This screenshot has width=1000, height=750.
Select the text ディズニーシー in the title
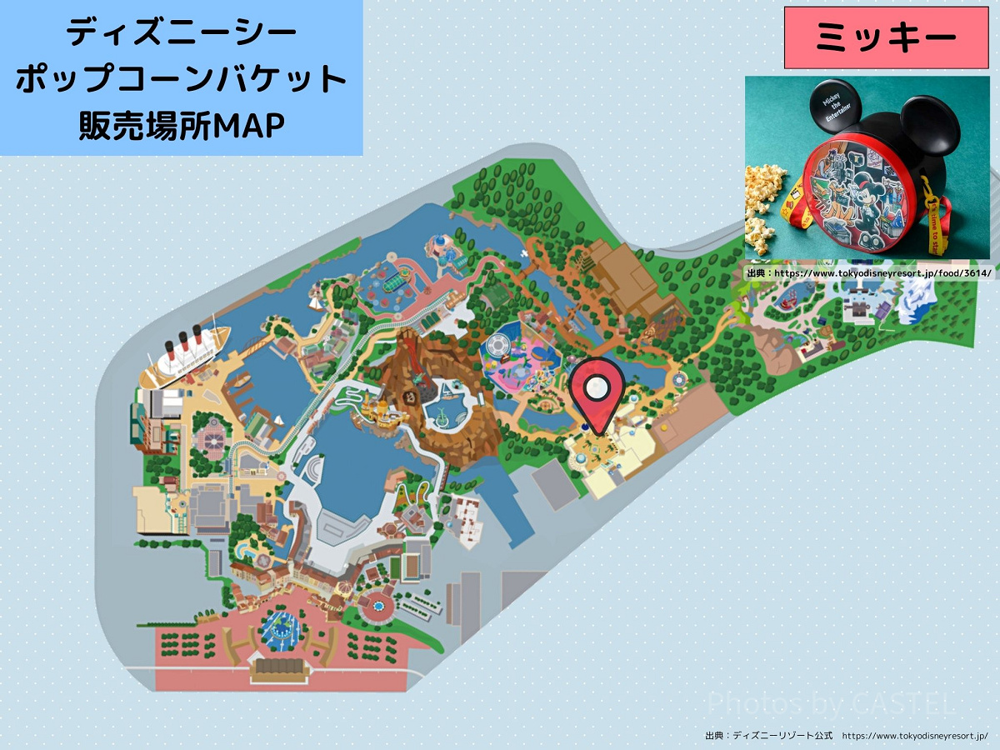[x=181, y=33]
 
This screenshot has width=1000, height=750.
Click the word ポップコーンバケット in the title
[x=181, y=80]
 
